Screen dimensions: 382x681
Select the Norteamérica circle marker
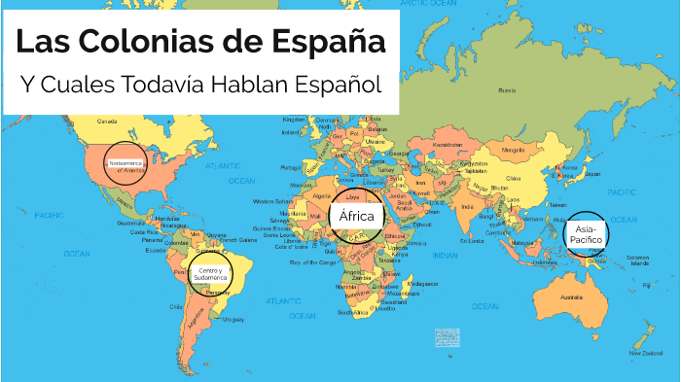click(x=125, y=162)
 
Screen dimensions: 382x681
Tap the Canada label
click(x=107, y=122)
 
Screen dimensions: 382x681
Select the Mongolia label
click(x=513, y=151)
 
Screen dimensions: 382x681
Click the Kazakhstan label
click(x=448, y=145)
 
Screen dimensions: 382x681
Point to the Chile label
click(x=176, y=305)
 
